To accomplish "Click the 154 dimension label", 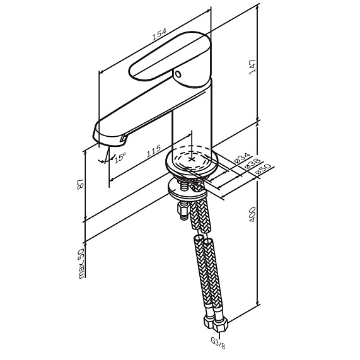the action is [159, 34].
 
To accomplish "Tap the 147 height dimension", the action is [252, 67].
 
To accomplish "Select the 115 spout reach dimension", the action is [154, 151].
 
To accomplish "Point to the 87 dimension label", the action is [80, 184].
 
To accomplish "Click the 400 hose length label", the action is [252, 214].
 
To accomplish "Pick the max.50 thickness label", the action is [81, 264].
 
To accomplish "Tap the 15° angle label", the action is [120, 158].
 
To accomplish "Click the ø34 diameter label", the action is [242, 158].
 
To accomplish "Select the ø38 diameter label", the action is [252, 164].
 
